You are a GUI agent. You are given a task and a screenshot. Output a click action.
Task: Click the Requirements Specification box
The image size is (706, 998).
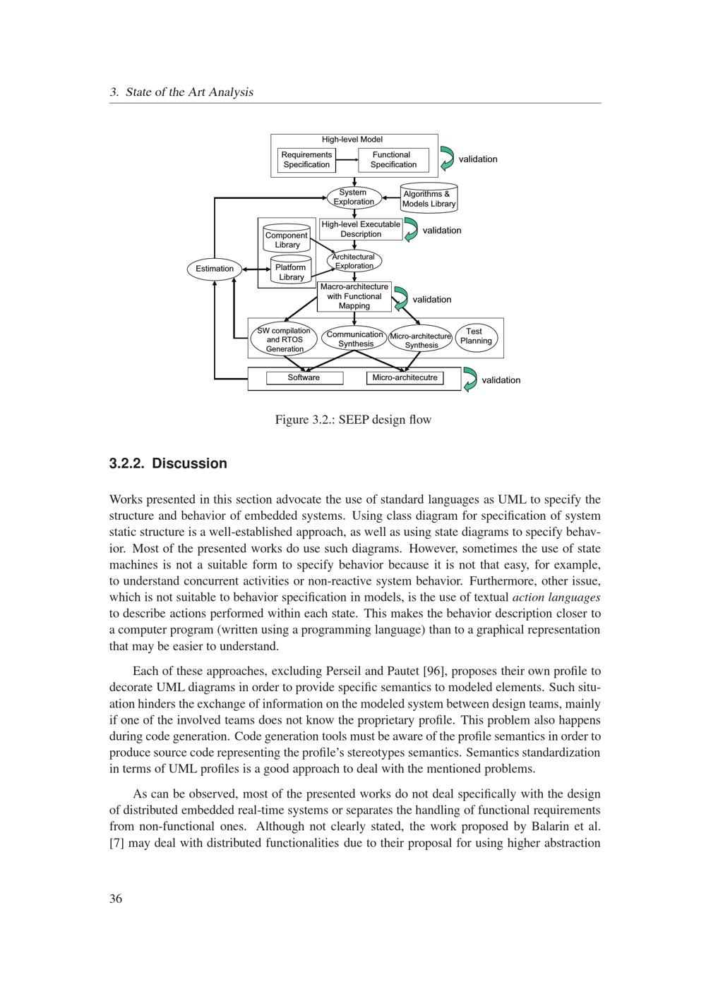306,159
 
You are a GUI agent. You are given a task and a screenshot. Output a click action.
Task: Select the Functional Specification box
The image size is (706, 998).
393,159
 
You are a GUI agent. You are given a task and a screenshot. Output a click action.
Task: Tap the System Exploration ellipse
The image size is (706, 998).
354,197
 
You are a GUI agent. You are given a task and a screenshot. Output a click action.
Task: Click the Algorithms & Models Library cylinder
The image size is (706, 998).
429,198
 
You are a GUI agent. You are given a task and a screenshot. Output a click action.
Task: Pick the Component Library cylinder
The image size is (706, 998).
287,239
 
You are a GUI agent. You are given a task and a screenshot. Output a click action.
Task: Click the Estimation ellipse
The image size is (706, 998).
215,269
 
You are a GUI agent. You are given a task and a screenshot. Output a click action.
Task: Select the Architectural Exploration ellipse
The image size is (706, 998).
354,261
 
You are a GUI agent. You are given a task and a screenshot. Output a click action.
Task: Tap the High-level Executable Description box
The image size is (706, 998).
361,229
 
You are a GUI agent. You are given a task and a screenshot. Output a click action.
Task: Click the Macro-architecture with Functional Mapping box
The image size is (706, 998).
354,296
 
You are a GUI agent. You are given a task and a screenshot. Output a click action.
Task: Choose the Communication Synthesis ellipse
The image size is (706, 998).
355,339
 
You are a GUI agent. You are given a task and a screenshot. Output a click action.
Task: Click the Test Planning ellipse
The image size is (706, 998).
476,336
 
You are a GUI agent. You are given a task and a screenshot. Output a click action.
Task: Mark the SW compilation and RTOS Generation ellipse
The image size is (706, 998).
285,339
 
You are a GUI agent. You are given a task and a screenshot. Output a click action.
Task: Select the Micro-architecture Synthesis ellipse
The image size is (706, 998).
421,340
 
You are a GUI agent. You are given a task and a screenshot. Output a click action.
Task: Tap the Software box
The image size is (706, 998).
304,378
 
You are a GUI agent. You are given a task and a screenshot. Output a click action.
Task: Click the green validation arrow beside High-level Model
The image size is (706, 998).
446,159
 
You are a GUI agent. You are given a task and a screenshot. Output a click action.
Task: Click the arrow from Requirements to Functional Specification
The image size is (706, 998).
346,159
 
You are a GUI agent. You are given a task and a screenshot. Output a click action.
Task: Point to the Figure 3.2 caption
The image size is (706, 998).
353,420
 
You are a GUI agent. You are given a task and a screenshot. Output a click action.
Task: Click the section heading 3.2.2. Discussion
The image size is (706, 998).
168,463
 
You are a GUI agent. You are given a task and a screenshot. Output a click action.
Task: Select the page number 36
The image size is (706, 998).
116,898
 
